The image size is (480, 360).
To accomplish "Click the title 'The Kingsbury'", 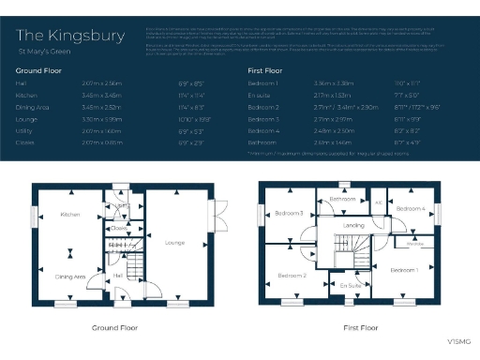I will pos(70,37).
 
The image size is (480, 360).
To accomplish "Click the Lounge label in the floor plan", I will pos(174,243).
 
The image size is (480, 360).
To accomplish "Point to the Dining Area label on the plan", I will pos(70,277).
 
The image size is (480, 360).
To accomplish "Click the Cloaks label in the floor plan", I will pos(118,227).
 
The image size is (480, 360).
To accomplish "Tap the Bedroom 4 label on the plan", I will pos(410,208).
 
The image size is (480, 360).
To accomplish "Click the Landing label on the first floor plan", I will pos(354,226).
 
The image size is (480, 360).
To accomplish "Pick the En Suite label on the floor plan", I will pos(351,284).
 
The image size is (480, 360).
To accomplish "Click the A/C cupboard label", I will pos(378,202).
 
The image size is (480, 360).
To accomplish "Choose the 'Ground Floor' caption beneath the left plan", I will pos(115,328).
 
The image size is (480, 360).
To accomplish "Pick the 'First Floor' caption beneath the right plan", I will pos(360,328).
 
